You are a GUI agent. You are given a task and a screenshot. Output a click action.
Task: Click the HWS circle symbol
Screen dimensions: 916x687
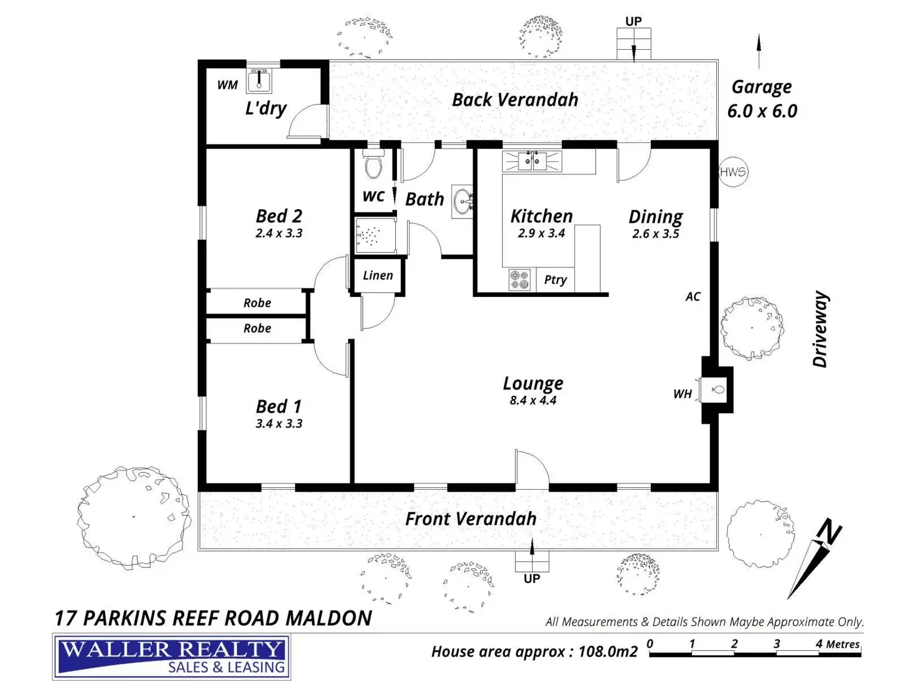(733, 172)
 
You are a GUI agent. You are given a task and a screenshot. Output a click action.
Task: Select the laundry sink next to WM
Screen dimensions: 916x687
(259, 81)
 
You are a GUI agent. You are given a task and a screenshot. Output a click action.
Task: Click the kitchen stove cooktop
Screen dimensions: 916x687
(520, 279)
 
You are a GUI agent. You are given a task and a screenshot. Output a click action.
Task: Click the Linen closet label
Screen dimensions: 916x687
(378, 275)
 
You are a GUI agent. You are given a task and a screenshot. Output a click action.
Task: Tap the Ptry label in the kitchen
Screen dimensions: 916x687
(556, 280)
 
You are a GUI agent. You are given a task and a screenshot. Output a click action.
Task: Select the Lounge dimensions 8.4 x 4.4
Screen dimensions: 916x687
(533, 400)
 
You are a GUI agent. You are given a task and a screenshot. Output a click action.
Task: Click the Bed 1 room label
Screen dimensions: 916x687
(278, 406)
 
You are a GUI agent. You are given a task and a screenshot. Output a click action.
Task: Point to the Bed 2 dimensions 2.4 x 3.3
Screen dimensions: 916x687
(279, 233)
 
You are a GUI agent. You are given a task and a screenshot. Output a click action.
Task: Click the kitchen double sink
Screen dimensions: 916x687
(532, 161)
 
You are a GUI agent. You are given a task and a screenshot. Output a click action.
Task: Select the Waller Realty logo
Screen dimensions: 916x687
(171, 657)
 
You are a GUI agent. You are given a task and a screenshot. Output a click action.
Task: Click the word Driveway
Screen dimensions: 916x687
(820, 329)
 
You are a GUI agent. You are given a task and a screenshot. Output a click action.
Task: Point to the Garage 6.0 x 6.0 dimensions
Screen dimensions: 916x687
(762, 111)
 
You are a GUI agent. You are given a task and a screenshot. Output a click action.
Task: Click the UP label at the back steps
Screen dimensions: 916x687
(633, 21)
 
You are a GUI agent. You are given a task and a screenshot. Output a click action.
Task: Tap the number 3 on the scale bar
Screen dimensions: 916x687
(776, 643)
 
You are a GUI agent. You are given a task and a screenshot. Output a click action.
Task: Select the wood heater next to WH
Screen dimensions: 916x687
(714, 390)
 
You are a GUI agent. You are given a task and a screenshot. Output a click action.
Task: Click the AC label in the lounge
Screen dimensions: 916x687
(693, 297)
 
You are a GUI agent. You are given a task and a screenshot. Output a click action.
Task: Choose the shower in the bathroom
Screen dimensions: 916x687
(375, 235)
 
